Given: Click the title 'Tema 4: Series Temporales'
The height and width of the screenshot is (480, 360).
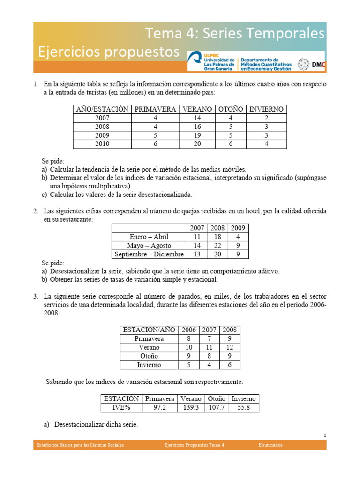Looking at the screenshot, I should click(235, 33).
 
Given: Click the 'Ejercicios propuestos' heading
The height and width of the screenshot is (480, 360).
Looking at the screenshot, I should click(109, 52).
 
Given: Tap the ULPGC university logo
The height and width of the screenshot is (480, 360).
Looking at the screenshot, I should click(212, 61).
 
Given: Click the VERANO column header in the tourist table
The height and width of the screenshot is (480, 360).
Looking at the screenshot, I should click(197, 109).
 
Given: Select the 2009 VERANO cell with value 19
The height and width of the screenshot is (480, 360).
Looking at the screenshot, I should click(197, 135).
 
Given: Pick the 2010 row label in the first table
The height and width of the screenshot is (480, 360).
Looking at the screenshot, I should click(102, 144).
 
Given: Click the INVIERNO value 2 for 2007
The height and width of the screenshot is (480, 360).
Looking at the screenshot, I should click(266, 118).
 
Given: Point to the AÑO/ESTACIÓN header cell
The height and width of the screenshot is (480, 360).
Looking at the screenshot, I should click(102, 109).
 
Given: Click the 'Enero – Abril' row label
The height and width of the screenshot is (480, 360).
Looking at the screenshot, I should click(149, 237).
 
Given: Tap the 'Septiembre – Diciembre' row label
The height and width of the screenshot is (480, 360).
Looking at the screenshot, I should click(149, 255).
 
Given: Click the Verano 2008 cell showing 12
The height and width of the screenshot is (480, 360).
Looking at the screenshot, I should click(230, 347).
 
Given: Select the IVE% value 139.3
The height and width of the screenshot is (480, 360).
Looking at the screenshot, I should click(191, 407).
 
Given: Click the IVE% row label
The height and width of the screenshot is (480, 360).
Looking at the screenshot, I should click(121, 407).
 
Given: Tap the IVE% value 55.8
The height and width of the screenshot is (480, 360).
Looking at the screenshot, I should click(244, 407).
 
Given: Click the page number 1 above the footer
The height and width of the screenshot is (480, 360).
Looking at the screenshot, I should click(325, 435).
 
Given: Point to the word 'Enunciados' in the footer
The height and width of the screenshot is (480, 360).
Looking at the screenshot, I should click(271, 445).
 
